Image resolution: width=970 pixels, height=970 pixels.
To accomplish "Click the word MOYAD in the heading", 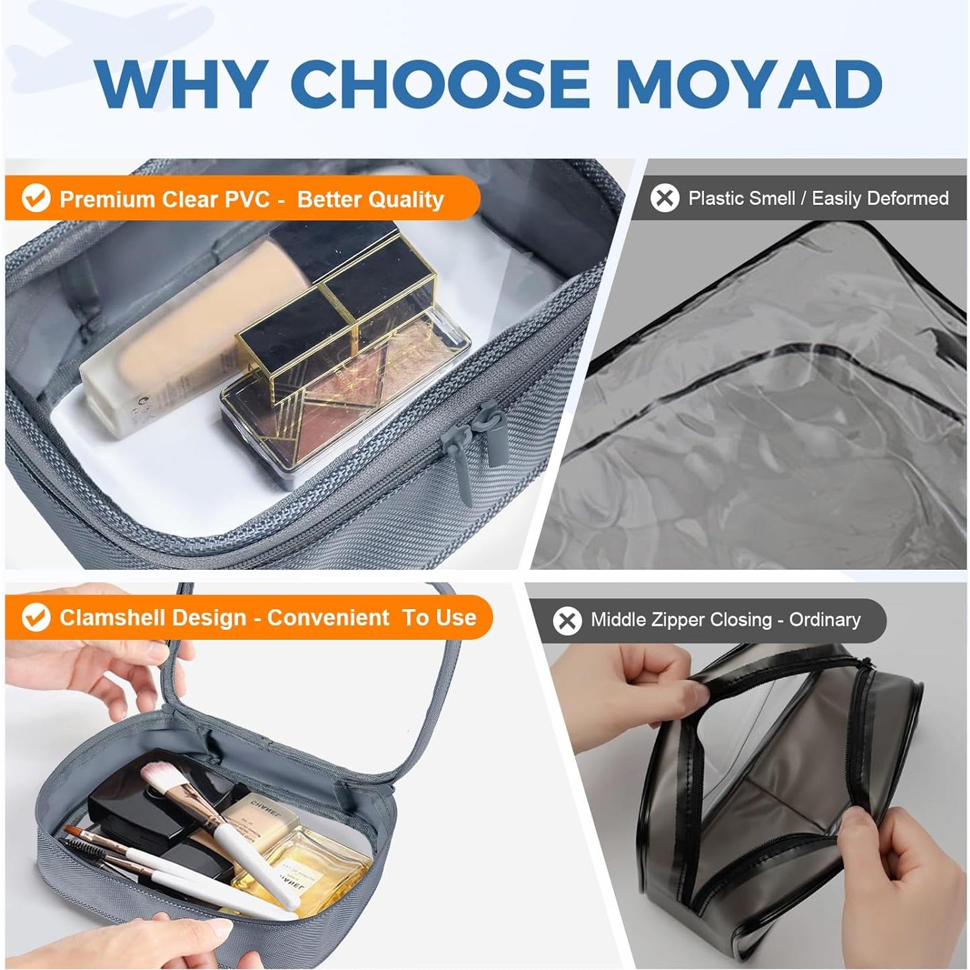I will click(749, 84).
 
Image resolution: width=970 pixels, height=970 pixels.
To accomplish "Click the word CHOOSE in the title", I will click(440, 84).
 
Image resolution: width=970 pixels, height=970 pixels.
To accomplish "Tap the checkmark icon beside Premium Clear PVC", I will click(36, 198).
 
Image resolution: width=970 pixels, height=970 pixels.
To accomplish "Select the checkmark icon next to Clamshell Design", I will click(36, 617).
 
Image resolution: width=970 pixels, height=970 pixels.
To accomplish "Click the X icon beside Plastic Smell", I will click(664, 198).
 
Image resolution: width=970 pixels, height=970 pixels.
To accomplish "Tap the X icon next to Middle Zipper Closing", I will click(567, 620).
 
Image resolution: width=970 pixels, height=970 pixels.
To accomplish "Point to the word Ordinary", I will click(825, 620).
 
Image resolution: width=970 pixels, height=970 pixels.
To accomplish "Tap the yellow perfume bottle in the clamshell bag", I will click(314, 867).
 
